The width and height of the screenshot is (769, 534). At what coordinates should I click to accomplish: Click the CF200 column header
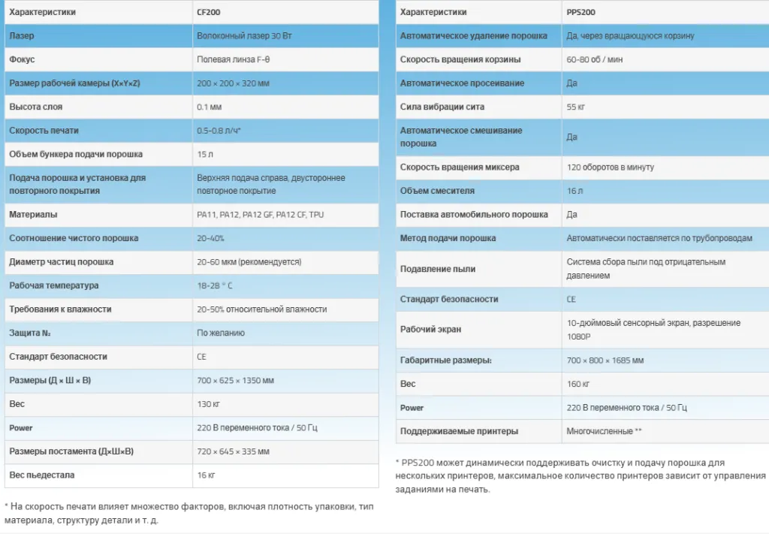click(208, 12)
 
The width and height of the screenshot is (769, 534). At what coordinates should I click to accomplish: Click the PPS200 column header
click(581, 12)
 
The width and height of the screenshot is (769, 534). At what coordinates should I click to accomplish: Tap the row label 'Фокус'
click(22, 59)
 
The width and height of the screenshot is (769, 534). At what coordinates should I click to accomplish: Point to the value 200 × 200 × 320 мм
click(233, 83)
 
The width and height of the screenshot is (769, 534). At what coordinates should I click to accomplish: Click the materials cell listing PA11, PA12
click(260, 215)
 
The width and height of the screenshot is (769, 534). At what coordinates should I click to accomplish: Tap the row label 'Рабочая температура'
click(53, 286)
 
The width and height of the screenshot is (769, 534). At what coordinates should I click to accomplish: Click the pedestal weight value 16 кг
click(206, 475)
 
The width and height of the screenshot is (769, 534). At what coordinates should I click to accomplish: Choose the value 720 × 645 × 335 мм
click(233, 451)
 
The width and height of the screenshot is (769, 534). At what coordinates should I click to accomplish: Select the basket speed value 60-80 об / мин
click(594, 59)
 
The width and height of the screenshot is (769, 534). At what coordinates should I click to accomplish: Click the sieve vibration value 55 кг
click(576, 107)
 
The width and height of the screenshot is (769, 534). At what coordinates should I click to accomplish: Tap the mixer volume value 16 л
click(574, 191)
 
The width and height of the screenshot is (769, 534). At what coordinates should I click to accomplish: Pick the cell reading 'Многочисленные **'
click(604, 432)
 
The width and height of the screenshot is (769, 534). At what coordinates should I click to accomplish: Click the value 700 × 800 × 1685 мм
click(605, 361)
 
